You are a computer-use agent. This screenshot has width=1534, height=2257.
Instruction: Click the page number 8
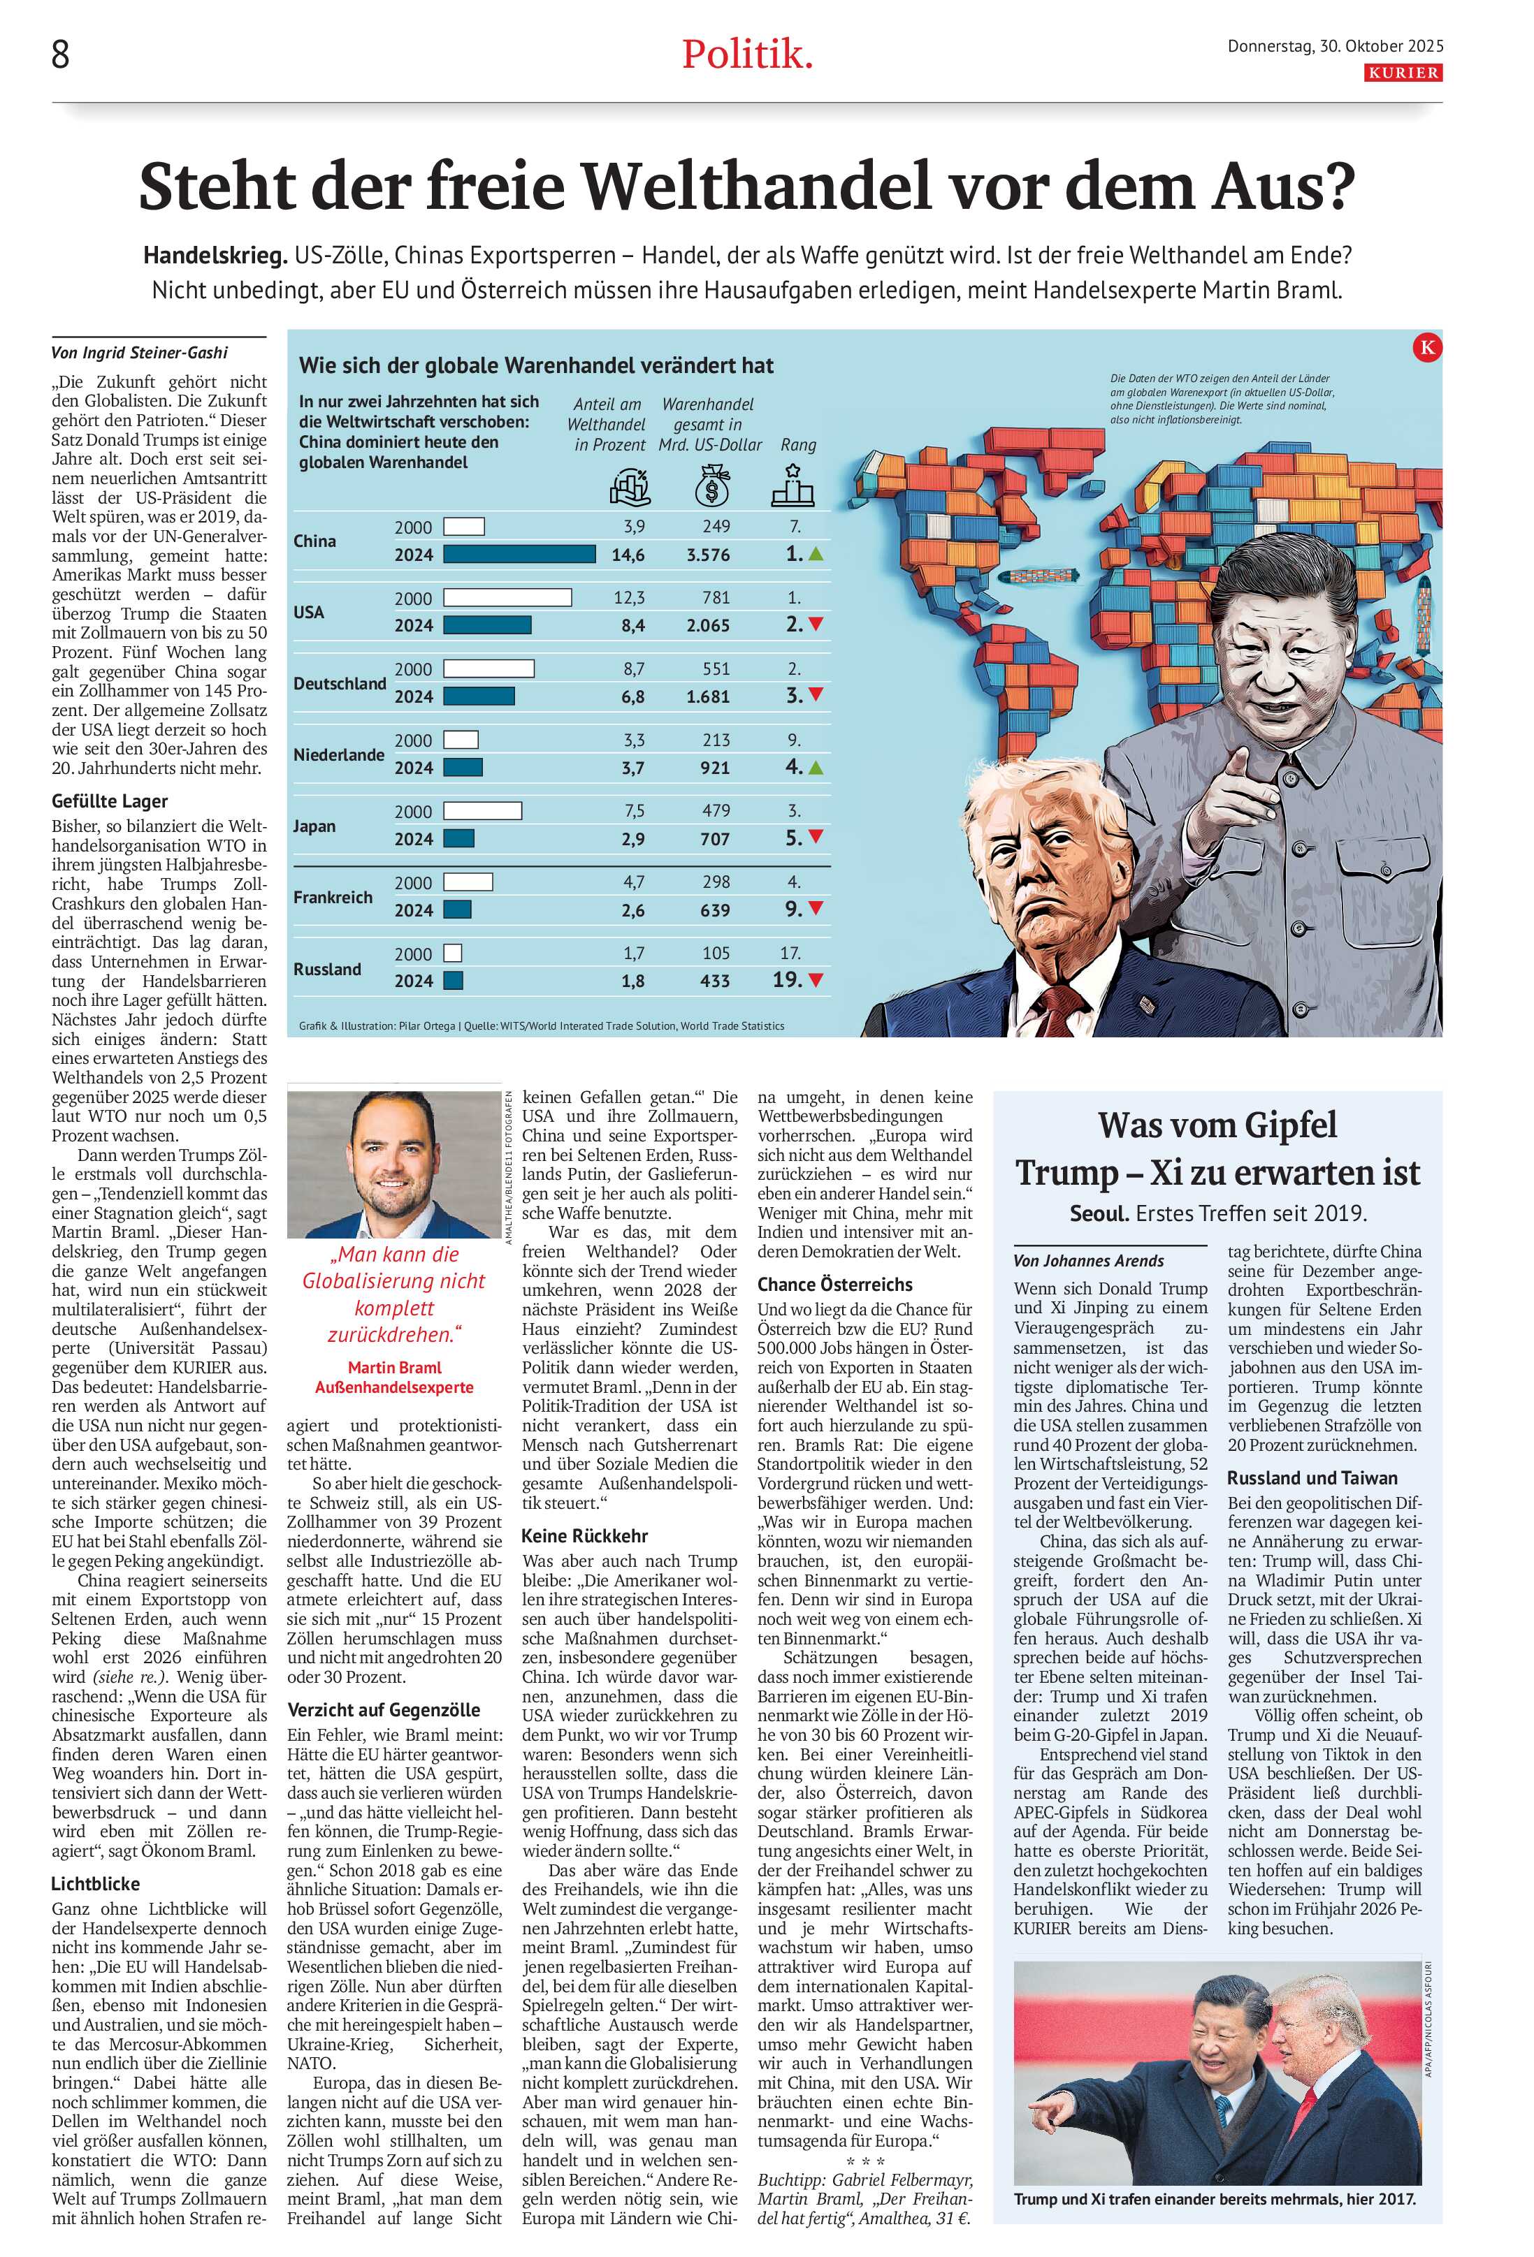click(x=60, y=55)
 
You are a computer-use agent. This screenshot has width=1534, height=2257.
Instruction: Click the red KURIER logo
click(x=1403, y=73)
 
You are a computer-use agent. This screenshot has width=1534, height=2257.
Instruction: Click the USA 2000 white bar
click(x=506, y=597)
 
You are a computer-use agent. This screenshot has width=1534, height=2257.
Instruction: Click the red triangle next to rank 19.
click(x=815, y=981)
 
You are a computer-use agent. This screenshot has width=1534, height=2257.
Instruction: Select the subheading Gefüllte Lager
click(x=110, y=801)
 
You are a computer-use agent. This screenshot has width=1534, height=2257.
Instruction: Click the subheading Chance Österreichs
click(x=834, y=1284)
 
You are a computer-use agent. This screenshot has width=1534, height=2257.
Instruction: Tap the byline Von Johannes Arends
click(x=1088, y=1261)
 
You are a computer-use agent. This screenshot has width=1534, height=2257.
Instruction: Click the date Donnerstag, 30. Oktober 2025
click(x=1335, y=45)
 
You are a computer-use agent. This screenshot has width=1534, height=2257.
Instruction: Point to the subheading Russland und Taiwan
click(x=1312, y=1478)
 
